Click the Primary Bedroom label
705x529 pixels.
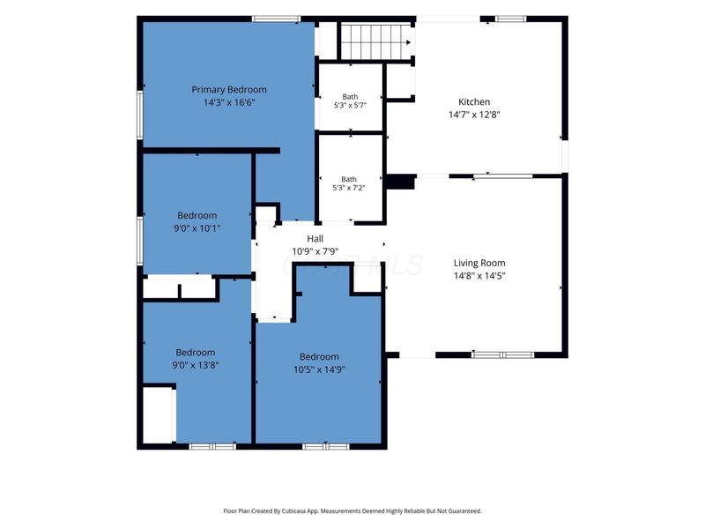(x=229, y=90)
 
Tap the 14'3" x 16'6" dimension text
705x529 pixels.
(x=229, y=102)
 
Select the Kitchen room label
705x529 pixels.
(x=474, y=101)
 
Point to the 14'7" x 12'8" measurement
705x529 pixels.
(x=474, y=115)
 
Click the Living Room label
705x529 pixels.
(x=479, y=263)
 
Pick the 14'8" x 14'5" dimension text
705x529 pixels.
(x=479, y=275)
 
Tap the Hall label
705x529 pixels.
(x=315, y=238)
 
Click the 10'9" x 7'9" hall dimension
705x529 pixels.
(x=315, y=251)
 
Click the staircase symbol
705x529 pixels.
(x=376, y=41)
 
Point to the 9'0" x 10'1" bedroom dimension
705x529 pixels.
(x=197, y=228)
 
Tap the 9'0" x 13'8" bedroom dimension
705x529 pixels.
(x=195, y=365)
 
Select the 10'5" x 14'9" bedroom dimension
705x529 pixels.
(x=319, y=369)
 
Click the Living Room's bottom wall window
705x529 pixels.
(x=502, y=355)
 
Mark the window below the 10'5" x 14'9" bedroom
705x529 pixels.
(x=325, y=446)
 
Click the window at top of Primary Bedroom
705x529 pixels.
(x=276, y=19)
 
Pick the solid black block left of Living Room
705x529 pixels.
(x=400, y=183)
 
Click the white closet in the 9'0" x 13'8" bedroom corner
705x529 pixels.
(x=158, y=414)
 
